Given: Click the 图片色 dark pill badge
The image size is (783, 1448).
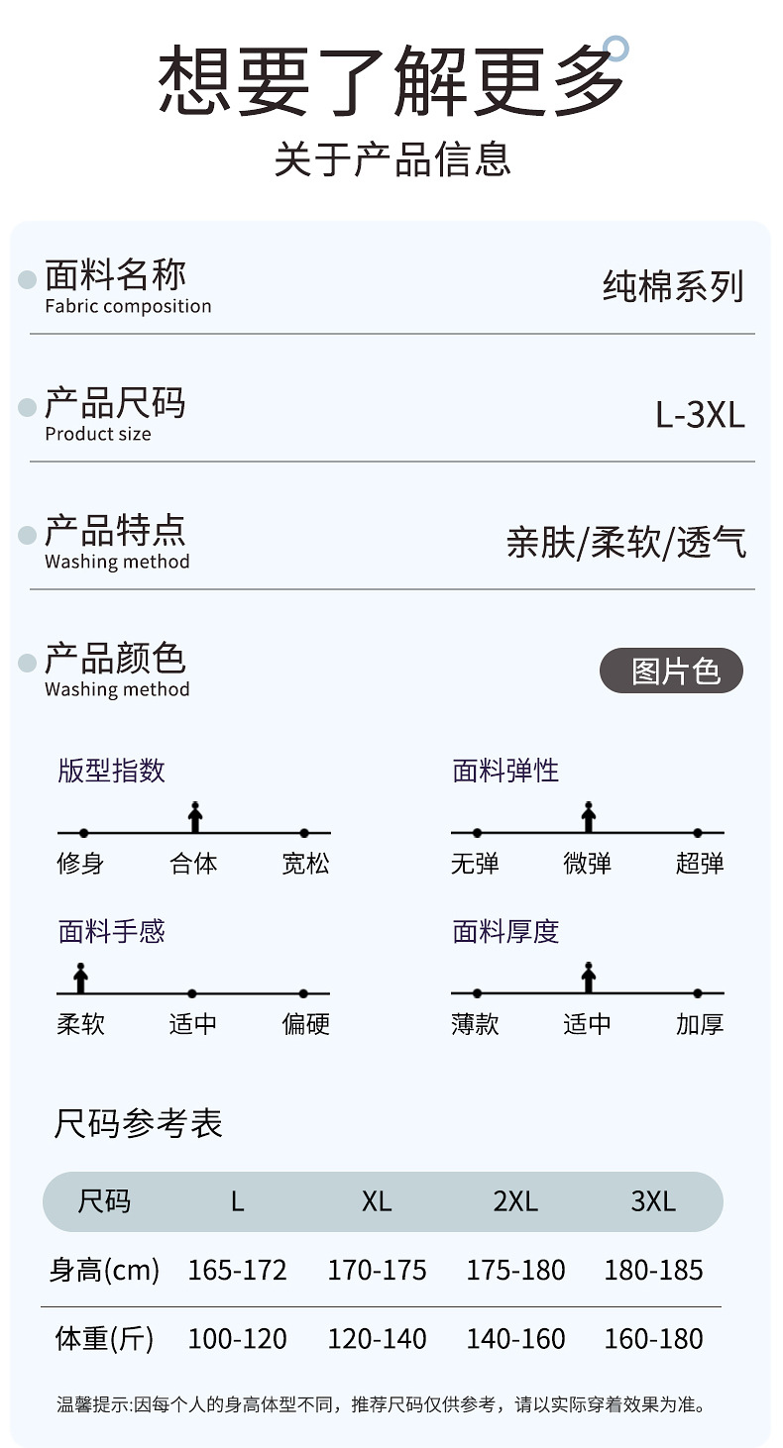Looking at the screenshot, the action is tap(672, 672).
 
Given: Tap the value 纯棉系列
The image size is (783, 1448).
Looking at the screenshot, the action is tap(673, 287).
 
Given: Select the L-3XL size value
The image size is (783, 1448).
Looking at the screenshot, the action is tap(700, 415).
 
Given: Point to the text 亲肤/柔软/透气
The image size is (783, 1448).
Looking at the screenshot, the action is tap(626, 543).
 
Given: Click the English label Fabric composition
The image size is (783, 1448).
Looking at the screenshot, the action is tap(128, 306).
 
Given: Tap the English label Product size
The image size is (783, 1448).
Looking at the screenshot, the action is tap(98, 434).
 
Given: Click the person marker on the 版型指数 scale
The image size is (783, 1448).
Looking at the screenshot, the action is tap(195, 817).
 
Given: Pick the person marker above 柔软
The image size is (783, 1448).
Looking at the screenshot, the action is tap(81, 978).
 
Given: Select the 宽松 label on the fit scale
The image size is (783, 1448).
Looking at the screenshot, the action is tap(305, 864).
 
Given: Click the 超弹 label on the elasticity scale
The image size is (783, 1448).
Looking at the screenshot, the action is tap(700, 864).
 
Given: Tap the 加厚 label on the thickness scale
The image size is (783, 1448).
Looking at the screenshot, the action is tap(700, 1024).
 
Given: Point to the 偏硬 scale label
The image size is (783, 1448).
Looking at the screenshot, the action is tap(305, 1024).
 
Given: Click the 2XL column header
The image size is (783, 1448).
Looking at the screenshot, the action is tap(515, 1201).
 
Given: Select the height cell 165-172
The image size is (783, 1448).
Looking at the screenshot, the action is tap(238, 1270).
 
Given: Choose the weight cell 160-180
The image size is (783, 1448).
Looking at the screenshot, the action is tap(654, 1339).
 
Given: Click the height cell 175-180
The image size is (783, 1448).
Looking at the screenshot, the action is tap(515, 1270).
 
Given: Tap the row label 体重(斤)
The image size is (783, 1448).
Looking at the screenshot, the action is tap(104, 1339).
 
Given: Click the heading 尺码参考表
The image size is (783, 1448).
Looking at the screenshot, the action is tap(138, 1123).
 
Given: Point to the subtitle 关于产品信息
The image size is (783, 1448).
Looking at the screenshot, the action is tap(392, 159).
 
